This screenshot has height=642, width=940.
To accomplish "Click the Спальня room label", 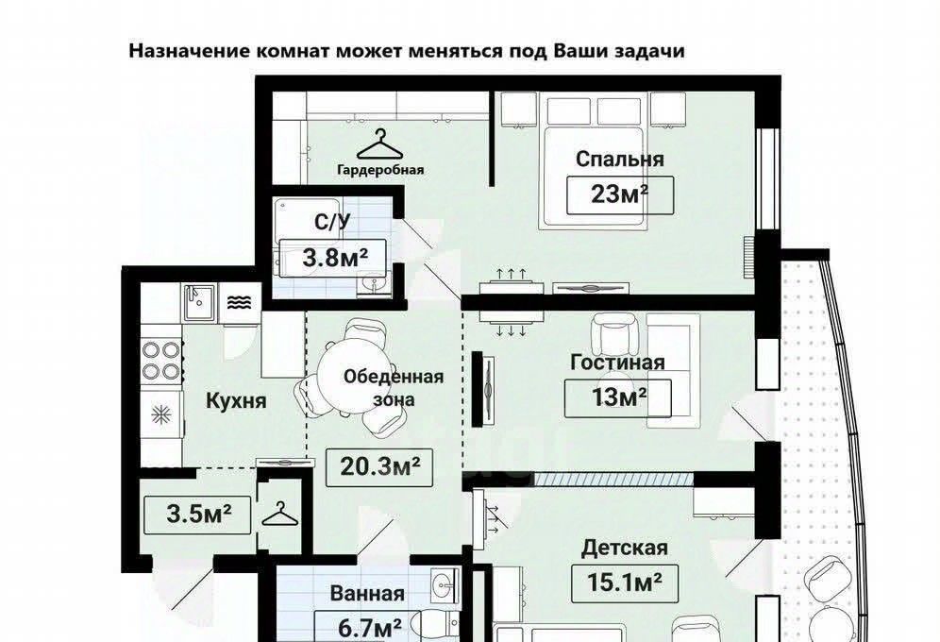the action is click(620, 160).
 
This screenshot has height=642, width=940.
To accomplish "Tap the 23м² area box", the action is click(620, 194).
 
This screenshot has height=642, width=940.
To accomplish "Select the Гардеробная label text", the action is click(380, 170).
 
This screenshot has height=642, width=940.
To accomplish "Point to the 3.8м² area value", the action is click(335, 258).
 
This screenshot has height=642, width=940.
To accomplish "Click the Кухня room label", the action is click(236, 400).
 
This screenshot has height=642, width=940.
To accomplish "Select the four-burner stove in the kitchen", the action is click(160, 361).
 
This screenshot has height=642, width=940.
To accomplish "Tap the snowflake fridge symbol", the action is click(160, 414).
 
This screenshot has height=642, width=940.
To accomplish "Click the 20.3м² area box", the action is click(378, 467).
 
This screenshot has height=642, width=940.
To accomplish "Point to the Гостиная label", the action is click(617, 363).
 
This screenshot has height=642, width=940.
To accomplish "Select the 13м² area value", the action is click(619, 397).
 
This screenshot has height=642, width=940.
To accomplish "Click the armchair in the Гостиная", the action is click(613, 334).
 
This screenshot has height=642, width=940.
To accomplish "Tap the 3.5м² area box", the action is click(198, 515).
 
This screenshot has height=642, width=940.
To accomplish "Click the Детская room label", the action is click(624, 548).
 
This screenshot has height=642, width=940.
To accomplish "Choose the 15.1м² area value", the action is click(625, 583).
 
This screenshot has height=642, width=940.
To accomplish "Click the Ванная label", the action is click(367, 594).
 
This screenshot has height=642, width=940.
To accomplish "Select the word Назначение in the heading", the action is click(190, 51).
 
